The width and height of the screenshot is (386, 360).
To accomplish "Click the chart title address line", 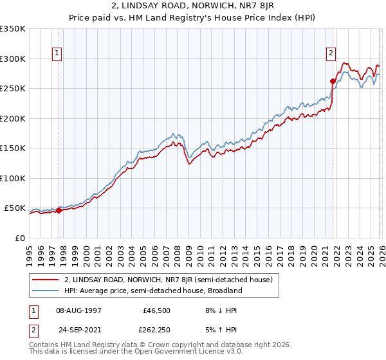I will pyautogui.click(x=193, y=4).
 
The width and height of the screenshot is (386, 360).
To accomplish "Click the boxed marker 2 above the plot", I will pyautogui.click(x=331, y=53).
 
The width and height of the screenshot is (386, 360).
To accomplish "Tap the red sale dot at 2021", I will pyautogui.click(x=333, y=81).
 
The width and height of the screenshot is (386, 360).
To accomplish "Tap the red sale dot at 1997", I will pyautogui.click(x=59, y=210).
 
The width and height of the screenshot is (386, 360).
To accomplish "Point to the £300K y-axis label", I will pyautogui.click(x=13, y=59).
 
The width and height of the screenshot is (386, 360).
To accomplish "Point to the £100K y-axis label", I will pyautogui.click(x=13, y=178).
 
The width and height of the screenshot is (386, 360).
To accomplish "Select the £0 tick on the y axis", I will pyautogui.click(x=19, y=238).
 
